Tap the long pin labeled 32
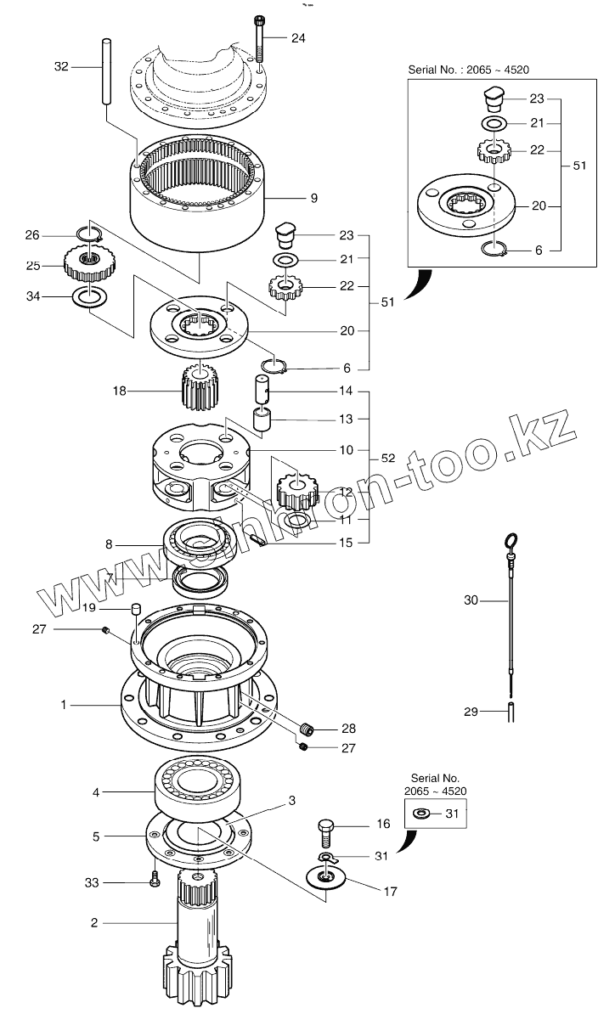tap(107, 71)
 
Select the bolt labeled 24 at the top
tap(259, 38)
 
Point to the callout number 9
tap(313, 198)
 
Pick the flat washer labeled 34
tap(87, 297)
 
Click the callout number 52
tap(388, 458)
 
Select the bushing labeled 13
tap(263, 420)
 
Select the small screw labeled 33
tap(154, 881)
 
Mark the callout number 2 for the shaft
tap(94, 921)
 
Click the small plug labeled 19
tap(134, 609)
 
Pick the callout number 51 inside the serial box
tap(580, 166)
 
